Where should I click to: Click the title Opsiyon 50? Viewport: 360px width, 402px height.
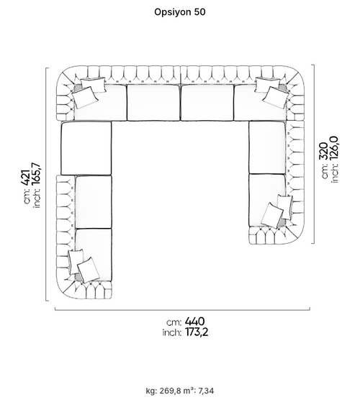pos(179,12)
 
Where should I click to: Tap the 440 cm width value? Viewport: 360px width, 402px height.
pos(194,321)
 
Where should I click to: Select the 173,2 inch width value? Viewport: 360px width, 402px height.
pos(197,332)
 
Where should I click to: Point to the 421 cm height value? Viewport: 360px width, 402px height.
pos(26,177)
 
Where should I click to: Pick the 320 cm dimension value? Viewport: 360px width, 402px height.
pos(323,151)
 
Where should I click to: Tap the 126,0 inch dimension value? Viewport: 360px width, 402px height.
pos(334,148)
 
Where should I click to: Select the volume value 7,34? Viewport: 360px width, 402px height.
pos(206,391)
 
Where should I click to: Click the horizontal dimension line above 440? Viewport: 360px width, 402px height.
pos(182,310)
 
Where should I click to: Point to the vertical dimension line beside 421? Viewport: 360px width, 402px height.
pos(46,184)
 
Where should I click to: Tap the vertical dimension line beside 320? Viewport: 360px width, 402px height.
pos(313,154)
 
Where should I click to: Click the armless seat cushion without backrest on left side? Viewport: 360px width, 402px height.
pos(86,148)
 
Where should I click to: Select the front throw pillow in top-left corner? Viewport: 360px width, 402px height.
pos(85,97)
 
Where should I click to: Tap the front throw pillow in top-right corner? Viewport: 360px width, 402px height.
pos(276,97)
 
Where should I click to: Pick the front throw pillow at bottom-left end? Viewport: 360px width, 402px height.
pos(89,270)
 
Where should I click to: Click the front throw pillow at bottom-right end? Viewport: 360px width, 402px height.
pos(272,215)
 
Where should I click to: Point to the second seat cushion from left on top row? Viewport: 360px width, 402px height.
pos(153,103)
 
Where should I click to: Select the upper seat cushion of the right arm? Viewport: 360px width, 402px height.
pos(267,148)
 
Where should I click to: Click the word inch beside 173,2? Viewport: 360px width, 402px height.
pos(172,333)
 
